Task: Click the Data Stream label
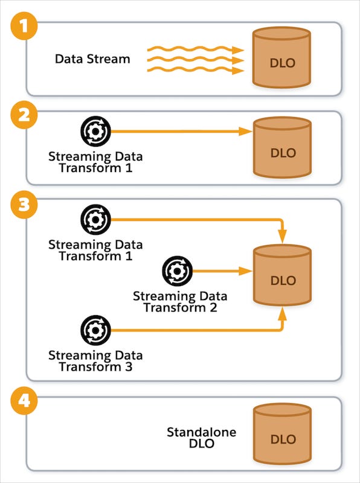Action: (92, 59)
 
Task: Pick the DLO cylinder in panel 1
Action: (283, 61)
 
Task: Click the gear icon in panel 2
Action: (95, 131)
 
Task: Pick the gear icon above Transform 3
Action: (95, 330)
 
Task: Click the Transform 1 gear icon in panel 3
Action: (95, 220)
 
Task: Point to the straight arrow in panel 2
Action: (181, 132)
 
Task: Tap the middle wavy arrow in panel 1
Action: (193, 60)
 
